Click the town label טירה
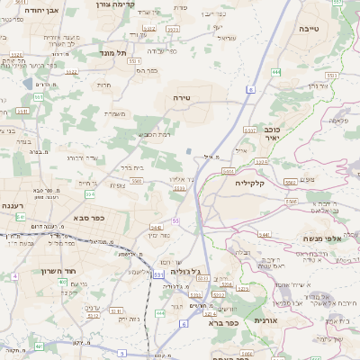click(183, 95)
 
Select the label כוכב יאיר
click(265, 133)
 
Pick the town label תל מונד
click(113, 54)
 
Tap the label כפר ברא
click(220, 321)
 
